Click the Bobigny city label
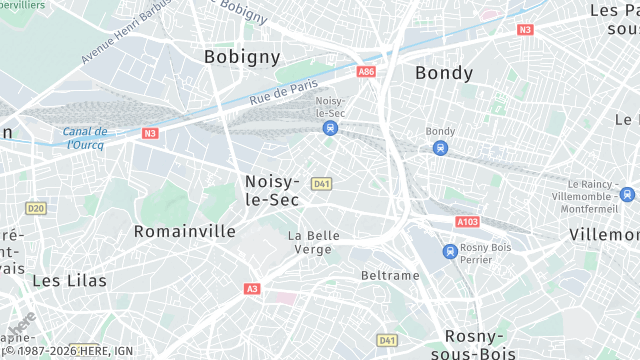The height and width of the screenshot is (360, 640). point(242,57)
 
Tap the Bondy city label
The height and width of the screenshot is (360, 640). point(443,73)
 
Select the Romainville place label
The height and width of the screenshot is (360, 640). point(185,231)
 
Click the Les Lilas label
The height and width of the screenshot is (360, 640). point(69,281)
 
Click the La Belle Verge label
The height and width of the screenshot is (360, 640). point(314,242)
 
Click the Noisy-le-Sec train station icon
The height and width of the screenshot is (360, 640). point(330,128)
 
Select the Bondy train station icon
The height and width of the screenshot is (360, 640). point(440,148)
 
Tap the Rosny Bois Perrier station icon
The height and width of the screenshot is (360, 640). point(451,251)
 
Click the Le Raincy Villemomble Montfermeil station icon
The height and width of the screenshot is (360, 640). point(627,195)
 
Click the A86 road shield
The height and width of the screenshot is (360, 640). point(366,72)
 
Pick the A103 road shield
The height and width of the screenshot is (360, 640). point(466,222)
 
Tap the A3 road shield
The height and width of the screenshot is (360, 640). point(252,289)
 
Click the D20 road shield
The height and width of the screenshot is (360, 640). point(36,208)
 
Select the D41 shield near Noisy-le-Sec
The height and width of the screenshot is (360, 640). point(321,183)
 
